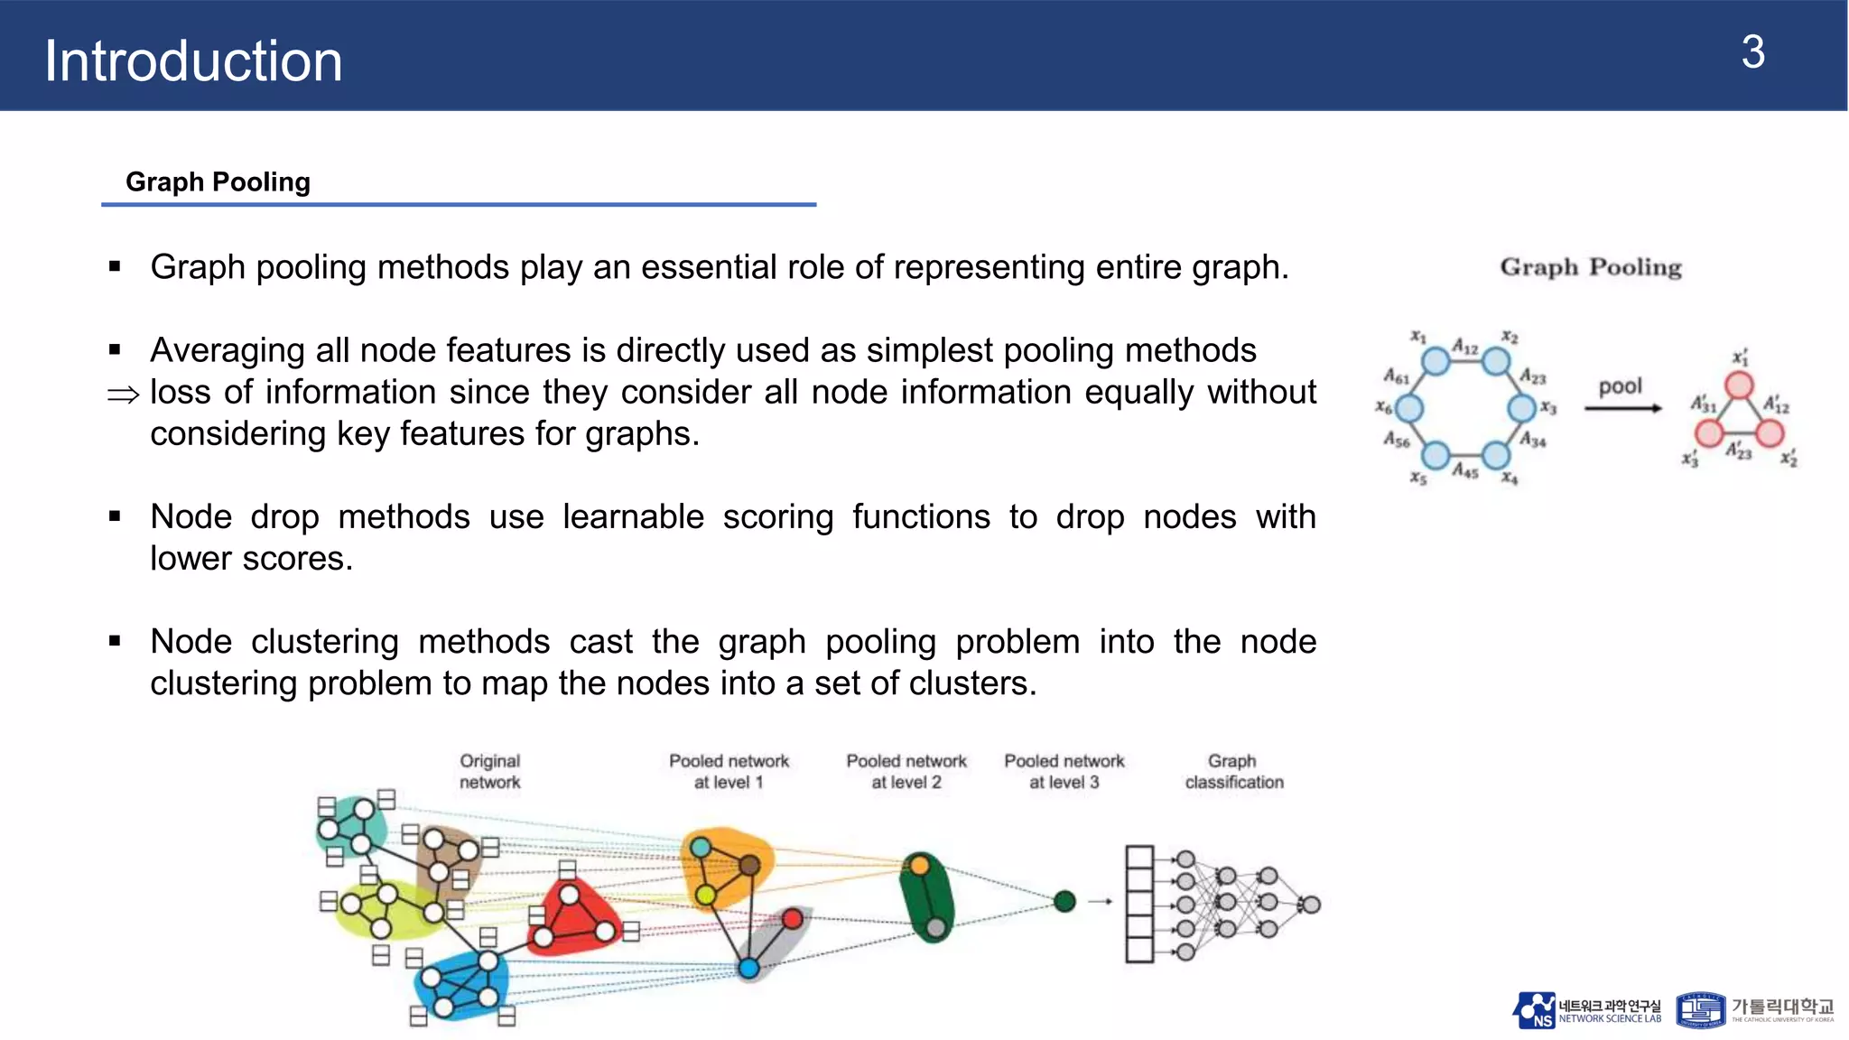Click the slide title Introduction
point(193,61)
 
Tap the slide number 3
point(1752,52)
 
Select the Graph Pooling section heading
point(218,181)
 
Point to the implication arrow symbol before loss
point(124,395)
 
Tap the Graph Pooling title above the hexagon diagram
point(1590,267)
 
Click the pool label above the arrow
point(1621,386)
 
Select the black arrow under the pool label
point(1622,408)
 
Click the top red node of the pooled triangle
point(1739,386)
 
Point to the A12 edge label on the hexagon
point(1465,348)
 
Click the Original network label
point(490,771)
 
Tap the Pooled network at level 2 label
point(906,771)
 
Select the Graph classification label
point(1233,771)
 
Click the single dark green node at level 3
point(1064,900)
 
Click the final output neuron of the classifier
point(1311,904)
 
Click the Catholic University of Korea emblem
point(1700,1010)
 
